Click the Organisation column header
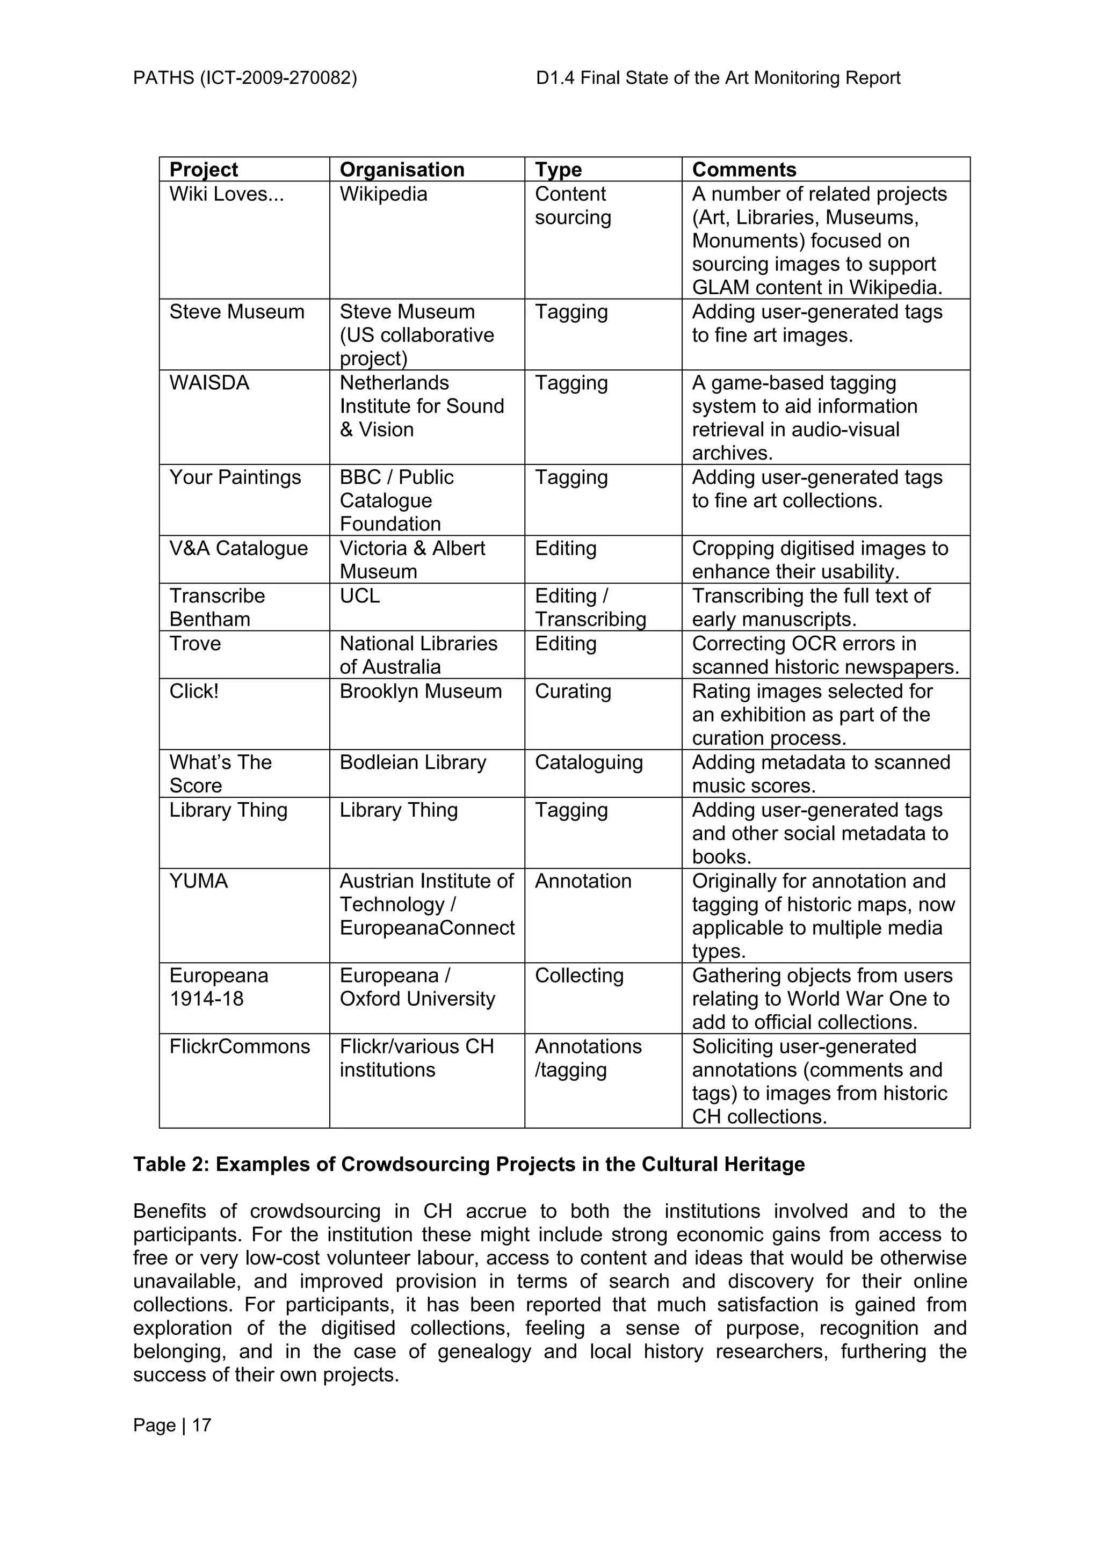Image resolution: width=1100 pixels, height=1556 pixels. click(401, 170)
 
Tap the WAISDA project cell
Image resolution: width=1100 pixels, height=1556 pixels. click(209, 383)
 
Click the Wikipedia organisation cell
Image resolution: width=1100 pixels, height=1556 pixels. click(383, 194)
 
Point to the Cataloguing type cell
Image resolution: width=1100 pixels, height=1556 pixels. click(588, 762)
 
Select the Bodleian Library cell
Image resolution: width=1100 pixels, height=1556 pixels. click(412, 762)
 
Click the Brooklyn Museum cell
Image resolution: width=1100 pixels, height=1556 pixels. click(420, 691)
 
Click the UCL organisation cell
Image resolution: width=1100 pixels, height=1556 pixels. click(359, 595)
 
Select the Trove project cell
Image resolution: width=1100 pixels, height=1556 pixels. click(194, 643)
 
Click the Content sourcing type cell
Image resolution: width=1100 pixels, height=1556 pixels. click(572, 205)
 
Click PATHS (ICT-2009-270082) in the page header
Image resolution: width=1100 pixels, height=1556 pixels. click(245, 78)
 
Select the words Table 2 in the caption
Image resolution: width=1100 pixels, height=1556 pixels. click(169, 1164)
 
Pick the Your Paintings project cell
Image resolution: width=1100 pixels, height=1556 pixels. click(235, 477)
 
